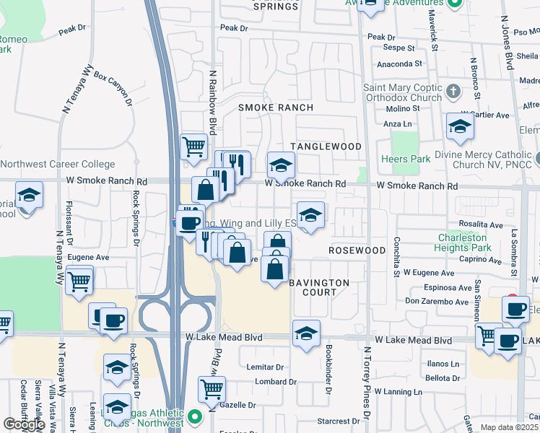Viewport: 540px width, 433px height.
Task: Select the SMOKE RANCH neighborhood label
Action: click(276, 108)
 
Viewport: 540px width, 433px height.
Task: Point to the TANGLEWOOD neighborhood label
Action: click(326, 146)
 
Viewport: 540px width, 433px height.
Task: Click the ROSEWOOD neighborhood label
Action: click(357, 250)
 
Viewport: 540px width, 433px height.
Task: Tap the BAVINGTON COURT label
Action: click(320, 287)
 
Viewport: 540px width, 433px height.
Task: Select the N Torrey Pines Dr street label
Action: click(367, 382)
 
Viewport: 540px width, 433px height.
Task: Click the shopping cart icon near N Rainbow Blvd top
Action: click(193, 147)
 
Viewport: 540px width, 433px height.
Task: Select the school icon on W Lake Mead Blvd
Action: click(306, 334)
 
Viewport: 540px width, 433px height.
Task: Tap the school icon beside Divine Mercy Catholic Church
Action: click(459, 127)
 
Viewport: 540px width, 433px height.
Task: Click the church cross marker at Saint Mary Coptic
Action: click(453, 91)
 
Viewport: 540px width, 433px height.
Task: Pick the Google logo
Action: click(24, 424)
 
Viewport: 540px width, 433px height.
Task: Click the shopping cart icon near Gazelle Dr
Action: click(212, 390)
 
